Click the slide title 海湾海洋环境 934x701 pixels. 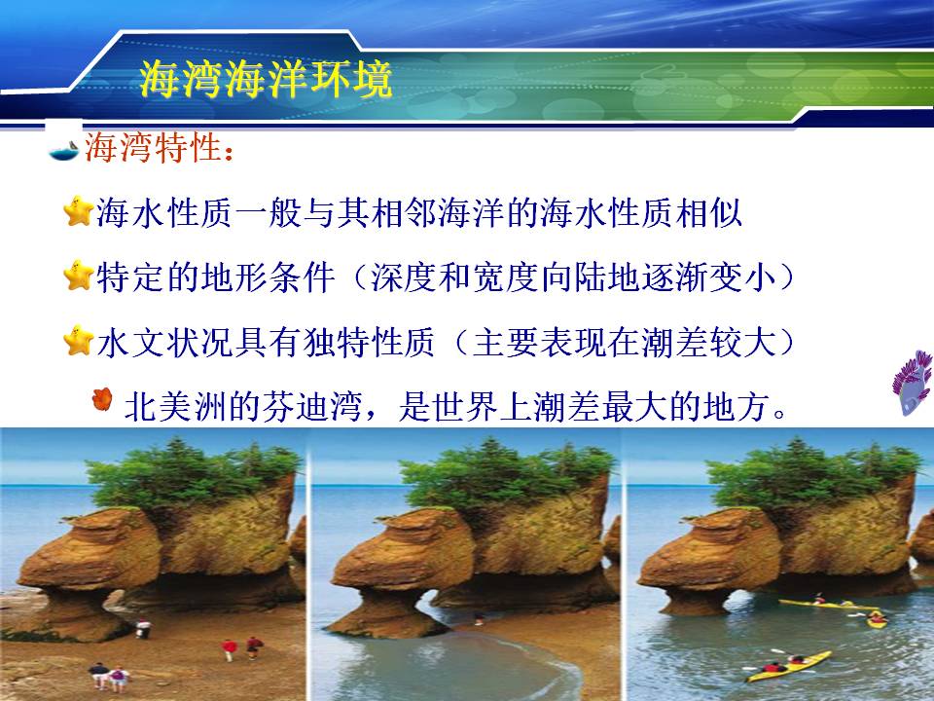[x=266, y=79]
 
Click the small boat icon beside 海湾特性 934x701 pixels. [x=64, y=150]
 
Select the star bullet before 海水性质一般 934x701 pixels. [x=78, y=211]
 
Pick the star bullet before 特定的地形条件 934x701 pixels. [x=78, y=276]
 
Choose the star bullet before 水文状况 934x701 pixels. [x=78, y=341]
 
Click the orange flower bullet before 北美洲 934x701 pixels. [x=102, y=399]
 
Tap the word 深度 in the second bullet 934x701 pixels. [x=405, y=277]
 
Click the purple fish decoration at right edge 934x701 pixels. [x=913, y=383]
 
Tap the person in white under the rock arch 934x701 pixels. [x=143, y=629]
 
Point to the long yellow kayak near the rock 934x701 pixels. [x=828, y=605]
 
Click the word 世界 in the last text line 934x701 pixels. [x=466, y=407]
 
